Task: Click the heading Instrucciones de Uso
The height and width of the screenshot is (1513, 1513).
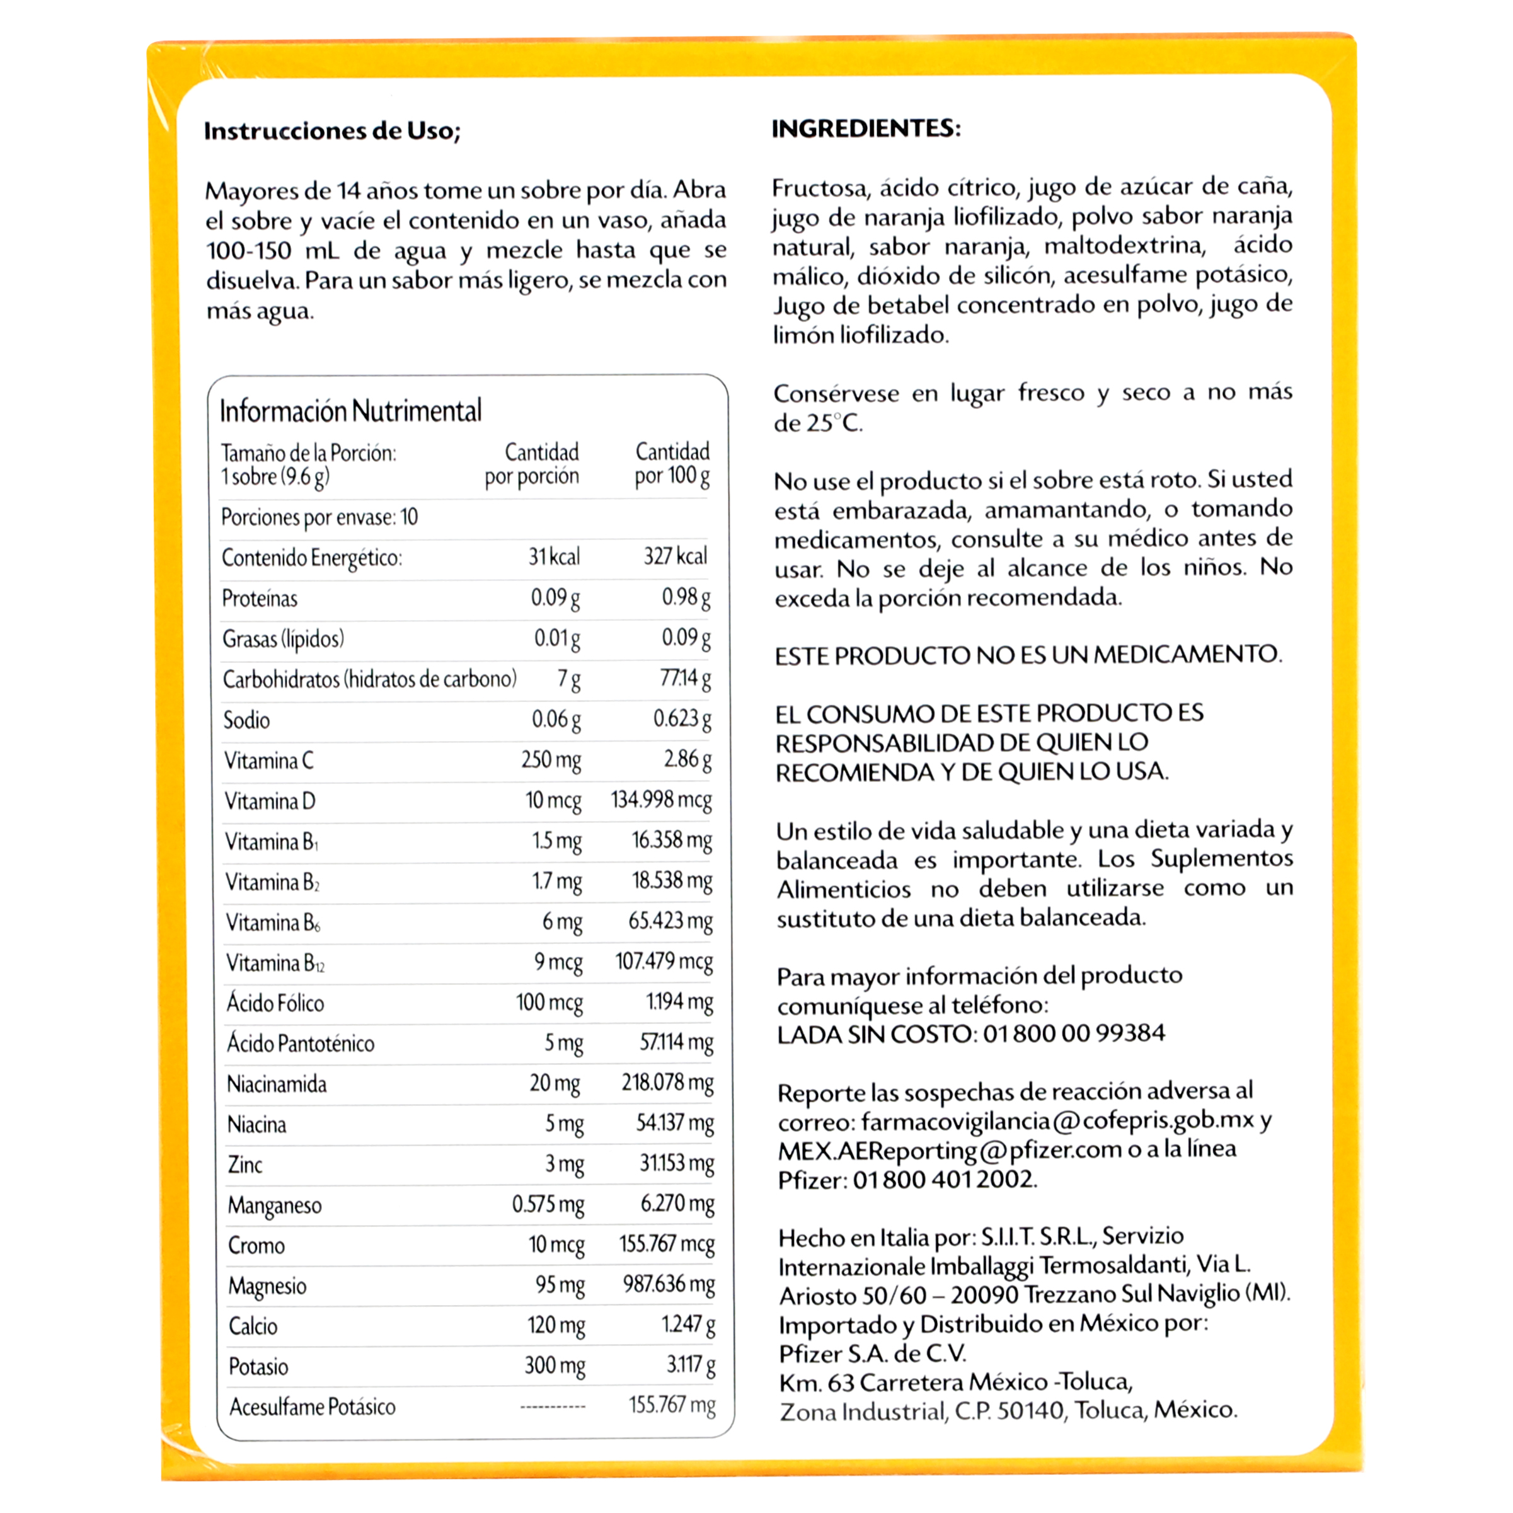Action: tap(332, 131)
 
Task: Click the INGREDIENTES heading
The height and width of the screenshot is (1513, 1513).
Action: tap(865, 129)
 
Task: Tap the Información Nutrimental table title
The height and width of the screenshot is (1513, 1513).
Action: tap(350, 411)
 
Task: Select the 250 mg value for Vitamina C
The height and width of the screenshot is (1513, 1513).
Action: tap(551, 759)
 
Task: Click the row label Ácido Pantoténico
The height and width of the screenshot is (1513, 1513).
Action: tap(301, 1043)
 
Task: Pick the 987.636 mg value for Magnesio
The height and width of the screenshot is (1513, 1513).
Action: tap(668, 1284)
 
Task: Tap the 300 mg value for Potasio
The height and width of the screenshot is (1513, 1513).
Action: tap(555, 1366)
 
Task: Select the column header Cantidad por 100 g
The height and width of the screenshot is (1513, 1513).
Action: tap(672, 464)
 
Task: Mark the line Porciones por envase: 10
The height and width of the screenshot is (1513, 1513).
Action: tap(319, 517)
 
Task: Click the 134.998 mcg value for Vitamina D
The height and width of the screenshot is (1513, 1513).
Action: tap(661, 800)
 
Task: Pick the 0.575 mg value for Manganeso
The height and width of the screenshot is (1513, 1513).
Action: tap(548, 1204)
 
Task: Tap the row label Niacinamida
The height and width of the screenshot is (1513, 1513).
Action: tap(277, 1084)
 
